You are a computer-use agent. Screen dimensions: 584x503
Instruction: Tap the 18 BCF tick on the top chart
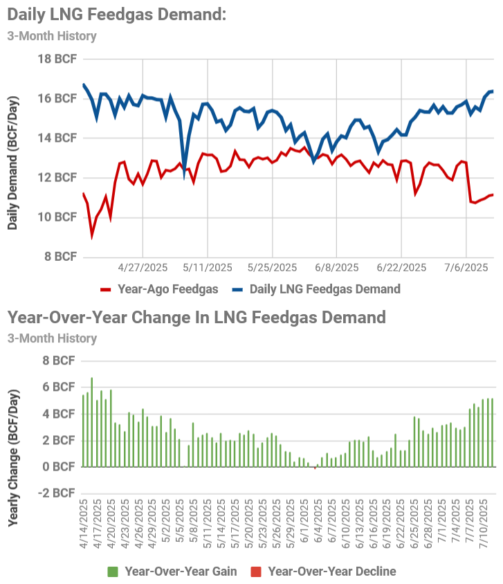tap(56, 59)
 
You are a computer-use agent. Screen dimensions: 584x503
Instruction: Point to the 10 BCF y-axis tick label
tap(56, 217)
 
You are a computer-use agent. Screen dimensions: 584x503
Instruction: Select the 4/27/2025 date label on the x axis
tap(143, 268)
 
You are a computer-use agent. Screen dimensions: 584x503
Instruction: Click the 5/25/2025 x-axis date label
tap(272, 268)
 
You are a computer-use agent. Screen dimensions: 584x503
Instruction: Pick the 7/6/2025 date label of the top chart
tap(466, 268)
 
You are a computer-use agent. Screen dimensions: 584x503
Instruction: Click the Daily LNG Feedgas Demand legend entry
tap(315, 289)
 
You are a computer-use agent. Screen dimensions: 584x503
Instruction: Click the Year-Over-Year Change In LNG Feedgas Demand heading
tap(196, 318)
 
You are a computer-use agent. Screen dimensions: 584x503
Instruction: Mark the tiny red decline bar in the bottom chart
tap(315, 468)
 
